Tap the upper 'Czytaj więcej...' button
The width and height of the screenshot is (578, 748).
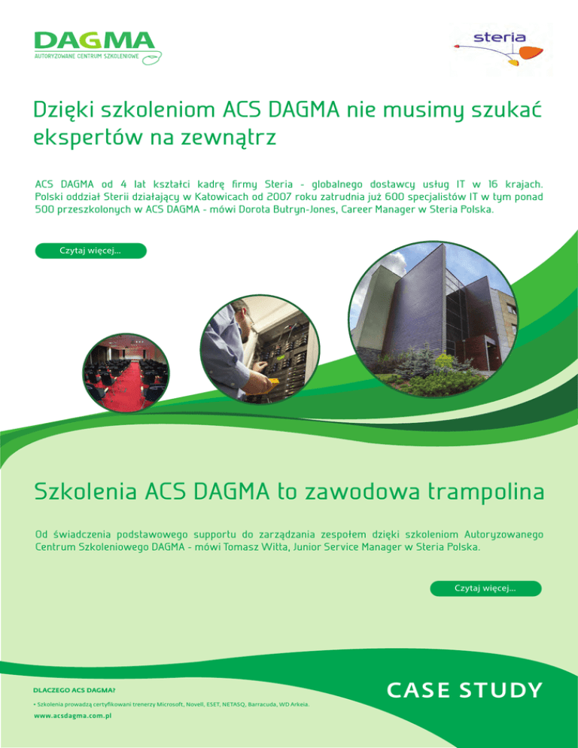coord(90,251)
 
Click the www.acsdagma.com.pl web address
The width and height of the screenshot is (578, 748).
coord(73,717)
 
